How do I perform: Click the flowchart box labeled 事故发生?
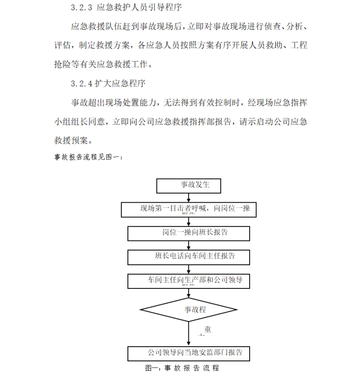click(189, 185)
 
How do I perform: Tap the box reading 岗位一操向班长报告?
click(189, 233)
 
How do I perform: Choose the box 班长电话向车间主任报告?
click(189, 256)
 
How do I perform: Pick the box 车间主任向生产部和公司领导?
click(189, 280)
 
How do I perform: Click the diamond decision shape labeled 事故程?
click(189, 310)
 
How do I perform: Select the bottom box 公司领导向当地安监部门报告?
click(189, 353)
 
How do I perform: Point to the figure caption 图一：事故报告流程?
click(182, 368)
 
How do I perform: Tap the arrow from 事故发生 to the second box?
click(189, 198)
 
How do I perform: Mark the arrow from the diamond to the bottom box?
click(189, 334)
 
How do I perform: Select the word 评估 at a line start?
click(63, 45)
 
